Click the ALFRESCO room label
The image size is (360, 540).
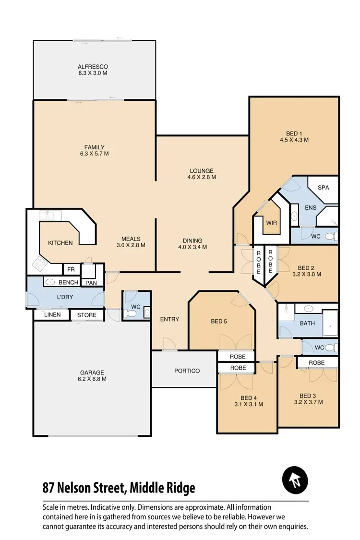point(93,67)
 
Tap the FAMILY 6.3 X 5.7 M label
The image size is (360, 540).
point(94,151)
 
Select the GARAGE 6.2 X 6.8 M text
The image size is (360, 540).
point(92,375)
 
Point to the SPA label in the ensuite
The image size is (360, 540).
point(323,188)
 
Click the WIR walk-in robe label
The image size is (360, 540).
point(272,223)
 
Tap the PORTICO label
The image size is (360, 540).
point(187,371)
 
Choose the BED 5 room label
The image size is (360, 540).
point(219,321)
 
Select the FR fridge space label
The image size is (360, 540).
point(71,270)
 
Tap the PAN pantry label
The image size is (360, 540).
point(91,283)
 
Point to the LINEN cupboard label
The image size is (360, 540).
point(52,315)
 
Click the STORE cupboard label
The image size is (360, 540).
point(87,315)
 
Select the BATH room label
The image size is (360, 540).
point(307,323)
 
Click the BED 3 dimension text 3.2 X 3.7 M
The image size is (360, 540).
point(308,402)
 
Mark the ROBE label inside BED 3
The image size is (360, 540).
point(317,363)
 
